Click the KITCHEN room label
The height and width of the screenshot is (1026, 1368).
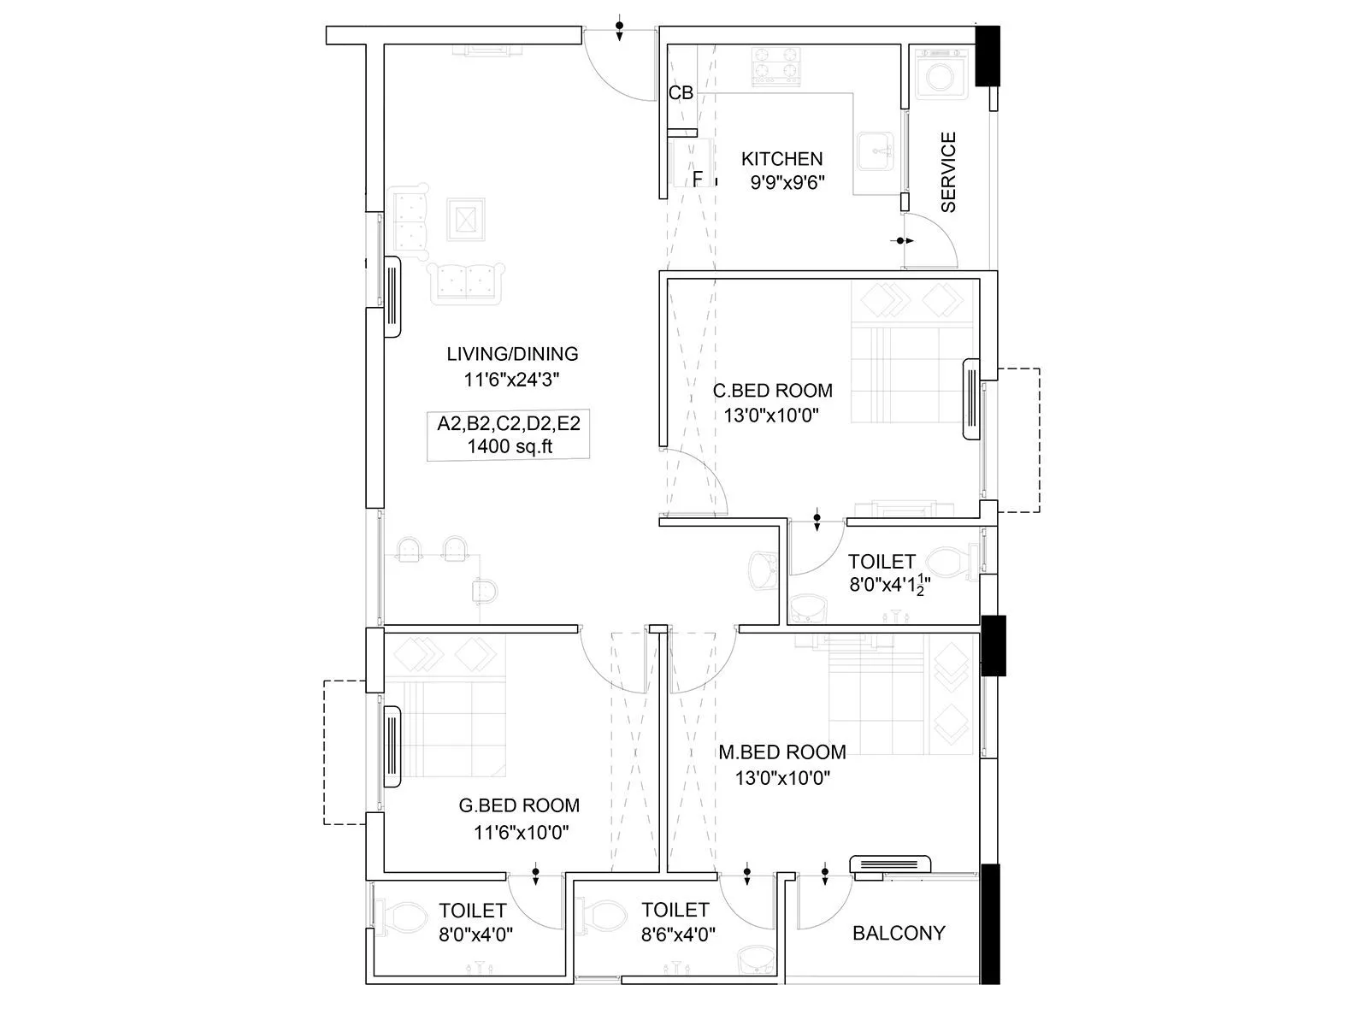point(781,159)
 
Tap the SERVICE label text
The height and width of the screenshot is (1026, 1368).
point(948,172)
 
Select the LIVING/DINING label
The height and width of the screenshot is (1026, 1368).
point(512,354)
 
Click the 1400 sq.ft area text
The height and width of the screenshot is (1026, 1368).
point(510,445)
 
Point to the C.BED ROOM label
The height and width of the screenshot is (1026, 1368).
point(772,391)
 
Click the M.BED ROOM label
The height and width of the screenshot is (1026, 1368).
point(781,752)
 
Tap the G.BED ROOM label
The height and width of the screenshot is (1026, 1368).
point(519,805)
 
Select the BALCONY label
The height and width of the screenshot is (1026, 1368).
point(899,933)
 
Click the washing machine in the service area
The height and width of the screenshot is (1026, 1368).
point(940,75)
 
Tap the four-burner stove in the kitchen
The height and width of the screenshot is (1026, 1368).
point(776,67)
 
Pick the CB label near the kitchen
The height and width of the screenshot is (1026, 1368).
point(681,93)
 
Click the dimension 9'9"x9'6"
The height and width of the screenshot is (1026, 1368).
point(786,182)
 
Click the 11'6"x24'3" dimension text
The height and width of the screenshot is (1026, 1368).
point(511,380)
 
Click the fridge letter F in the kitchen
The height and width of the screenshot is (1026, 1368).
point(698,178)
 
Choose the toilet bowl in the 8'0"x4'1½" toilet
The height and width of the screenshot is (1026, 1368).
point(948,563)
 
